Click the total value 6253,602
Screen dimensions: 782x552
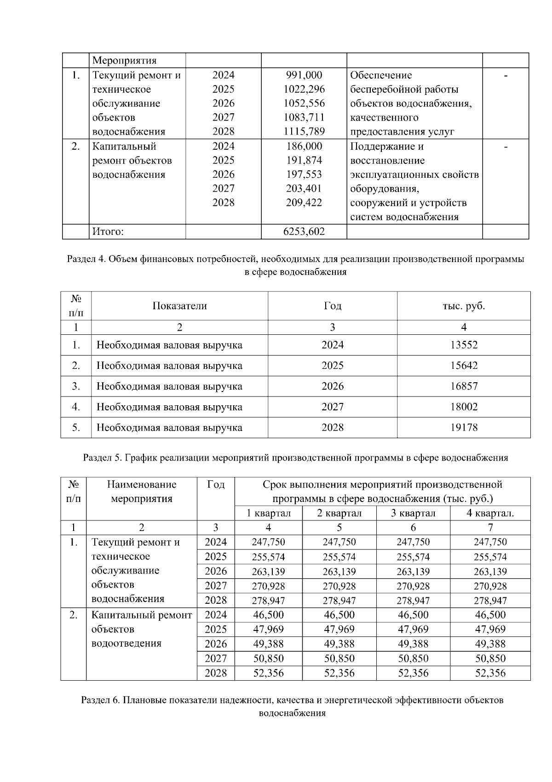(304, 232)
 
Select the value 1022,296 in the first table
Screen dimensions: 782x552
(304, 89)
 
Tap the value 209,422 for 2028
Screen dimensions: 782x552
(304, 203)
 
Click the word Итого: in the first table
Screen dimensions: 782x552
(108, 232)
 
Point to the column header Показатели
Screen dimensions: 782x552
(179, 306)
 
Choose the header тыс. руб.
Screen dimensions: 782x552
(463, 306)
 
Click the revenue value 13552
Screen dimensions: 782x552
(464, 345)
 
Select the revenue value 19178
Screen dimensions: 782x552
(464, 427)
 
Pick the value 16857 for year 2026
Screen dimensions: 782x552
(464, 386)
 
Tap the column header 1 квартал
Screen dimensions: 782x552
(269, 513)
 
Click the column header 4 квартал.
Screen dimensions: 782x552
(490, 513)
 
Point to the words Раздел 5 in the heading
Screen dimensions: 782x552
(102, 458)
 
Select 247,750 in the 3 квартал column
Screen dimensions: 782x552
(413, 542)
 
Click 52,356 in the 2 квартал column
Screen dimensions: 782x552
(339, 673)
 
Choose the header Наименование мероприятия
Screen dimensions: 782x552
(142, 491)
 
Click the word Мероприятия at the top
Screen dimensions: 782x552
(124, 60)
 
